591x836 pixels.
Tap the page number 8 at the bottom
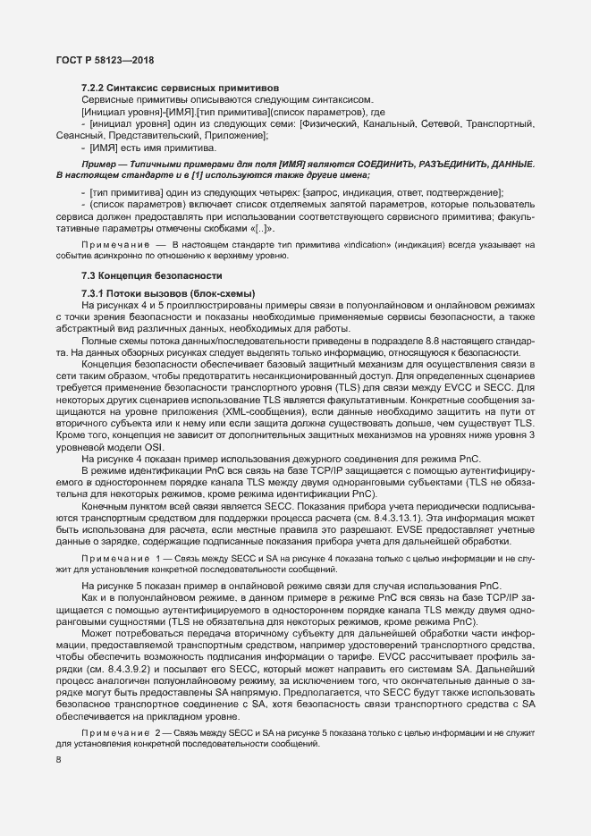[x=58, y=760]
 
